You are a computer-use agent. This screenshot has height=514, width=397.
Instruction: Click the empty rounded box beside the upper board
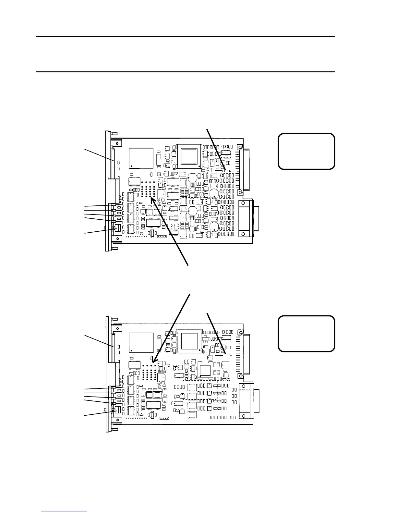[306, 151]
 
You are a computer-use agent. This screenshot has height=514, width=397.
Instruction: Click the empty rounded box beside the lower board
[306, 334]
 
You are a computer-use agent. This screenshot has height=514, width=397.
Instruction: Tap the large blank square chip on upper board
[141, 158]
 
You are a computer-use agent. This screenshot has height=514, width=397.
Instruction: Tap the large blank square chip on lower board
[141, 343]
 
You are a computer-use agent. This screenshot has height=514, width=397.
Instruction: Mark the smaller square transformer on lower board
[205, 371]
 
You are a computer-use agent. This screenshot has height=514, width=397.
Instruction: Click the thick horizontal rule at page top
[185, 36]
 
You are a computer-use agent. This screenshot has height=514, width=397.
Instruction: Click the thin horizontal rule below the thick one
[185, 72]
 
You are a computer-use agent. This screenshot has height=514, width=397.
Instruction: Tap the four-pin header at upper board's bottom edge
[162, 236]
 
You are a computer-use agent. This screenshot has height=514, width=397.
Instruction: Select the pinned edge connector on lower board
[246, 354]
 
